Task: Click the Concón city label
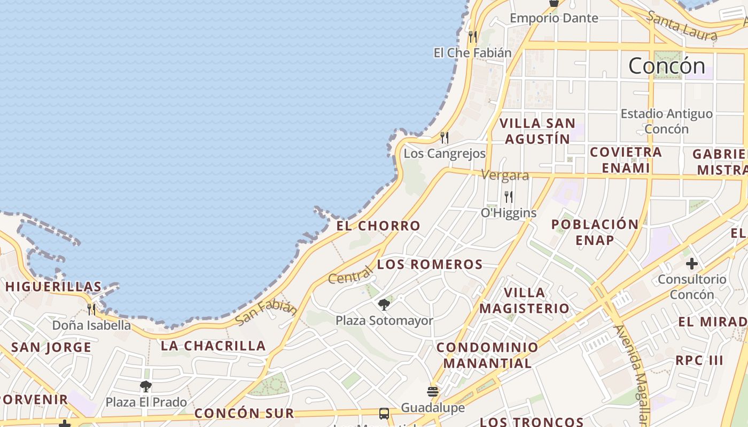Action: pos(667,66)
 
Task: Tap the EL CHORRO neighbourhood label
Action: pos(378,226)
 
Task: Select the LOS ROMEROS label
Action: pos(430,264)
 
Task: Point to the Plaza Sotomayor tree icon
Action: pos(384,305)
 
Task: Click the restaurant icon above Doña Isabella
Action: pos(91,309)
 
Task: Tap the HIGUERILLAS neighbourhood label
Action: pos(53,287)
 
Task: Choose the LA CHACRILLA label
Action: pos(213,346)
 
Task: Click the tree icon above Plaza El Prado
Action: pos(145,386)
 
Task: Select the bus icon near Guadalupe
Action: pos(384,413)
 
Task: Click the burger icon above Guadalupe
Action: pos(433,392)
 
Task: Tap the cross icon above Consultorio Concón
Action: pos(692,263)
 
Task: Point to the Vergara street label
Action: pos(505,175)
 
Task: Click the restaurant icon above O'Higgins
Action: pos(509,197)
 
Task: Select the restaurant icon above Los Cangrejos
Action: pos(445,138)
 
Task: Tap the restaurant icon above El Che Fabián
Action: pos(472,36)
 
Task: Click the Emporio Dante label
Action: pos(554,18)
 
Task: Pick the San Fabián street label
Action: pos(266,313)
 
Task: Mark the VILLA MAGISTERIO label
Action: pos(524,301)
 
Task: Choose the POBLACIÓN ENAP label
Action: pos(595,232)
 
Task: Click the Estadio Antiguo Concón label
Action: pos(666,121)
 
